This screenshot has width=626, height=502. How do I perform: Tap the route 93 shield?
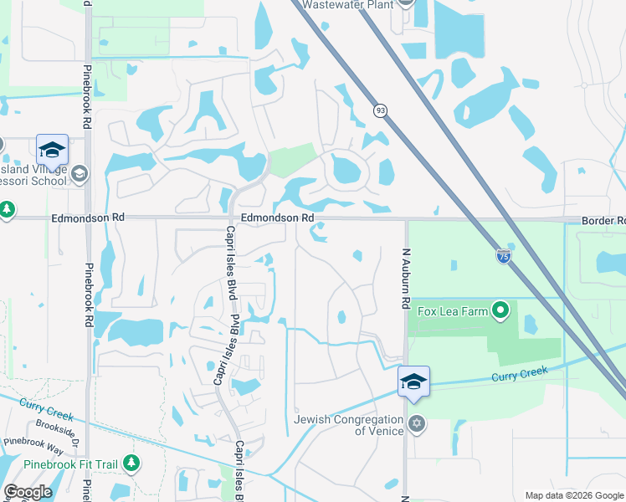(x=381, y=110)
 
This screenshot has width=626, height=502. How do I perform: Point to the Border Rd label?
(x=604, y=221)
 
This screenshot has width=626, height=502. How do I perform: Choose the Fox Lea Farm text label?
(x=451, y=311)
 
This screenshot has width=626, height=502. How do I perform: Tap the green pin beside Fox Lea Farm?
(x=501, y=311)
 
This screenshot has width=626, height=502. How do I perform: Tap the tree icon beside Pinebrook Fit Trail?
(x=131, y=462)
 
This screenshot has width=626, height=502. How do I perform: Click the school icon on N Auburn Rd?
(x=413, y=382)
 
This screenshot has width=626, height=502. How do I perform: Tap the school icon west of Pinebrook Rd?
(x=52, y=151)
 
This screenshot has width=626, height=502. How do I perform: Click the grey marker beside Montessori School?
(x=80, y=174)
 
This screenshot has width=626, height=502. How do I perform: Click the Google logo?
(x=28, y=492)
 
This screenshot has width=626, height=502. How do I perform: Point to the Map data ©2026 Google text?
(x=573, y=495)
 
